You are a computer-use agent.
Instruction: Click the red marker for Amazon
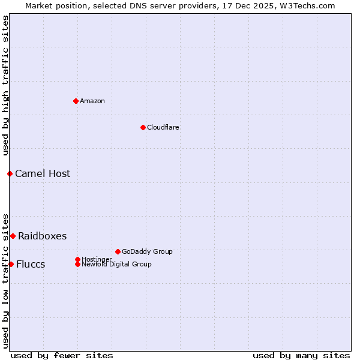[x=76, y=101]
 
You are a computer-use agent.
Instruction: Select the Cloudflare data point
[x=143, y=127]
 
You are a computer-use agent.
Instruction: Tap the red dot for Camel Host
[x=10, y=173]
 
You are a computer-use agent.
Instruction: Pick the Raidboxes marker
[x=13, y=236]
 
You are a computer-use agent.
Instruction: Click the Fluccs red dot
[x=11, y=264]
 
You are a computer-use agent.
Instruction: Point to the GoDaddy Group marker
[x=118, y=251]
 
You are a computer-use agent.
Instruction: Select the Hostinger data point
[x=77, y=259]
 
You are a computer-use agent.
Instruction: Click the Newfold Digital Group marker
[x=77, y=264]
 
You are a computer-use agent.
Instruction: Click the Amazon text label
[x=92, y=101]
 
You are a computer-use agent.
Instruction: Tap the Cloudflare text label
[x=163, y=127]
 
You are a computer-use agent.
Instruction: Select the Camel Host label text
[x=43, y=173]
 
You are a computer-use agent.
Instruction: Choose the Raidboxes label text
[x=43, y=236]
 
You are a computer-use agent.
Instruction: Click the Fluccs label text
[x=31, y=264]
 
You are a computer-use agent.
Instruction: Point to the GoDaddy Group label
[x=147, y=251]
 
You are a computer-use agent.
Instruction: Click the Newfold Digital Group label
[x=116, y=264]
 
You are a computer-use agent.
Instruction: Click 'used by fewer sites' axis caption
[x=62, y=355]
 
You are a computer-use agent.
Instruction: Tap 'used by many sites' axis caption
[x=301, y=355]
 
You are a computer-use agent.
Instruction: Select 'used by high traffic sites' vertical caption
[x=5, y=85]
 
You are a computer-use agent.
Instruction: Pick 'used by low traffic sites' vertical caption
[x=5, y=280]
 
